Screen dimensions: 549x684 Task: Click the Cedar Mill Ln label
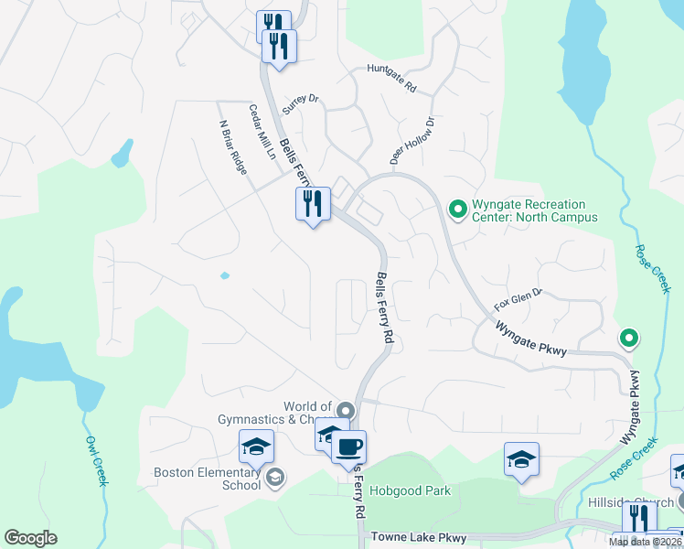[x=262, y=132]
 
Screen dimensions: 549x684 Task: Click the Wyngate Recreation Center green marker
[x=457, y=210]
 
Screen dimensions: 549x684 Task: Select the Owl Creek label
[x=93, y=460]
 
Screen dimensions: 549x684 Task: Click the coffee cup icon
[x=348, y=447]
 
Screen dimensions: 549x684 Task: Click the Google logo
[x=30, y=538]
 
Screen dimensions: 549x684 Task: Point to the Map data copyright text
[x=645, y=542]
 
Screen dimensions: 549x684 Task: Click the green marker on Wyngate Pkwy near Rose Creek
[x=628, y=339]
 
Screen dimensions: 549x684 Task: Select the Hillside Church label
[x=643, y=502]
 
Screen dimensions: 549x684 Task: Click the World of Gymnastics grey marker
[x=345, y=409]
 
